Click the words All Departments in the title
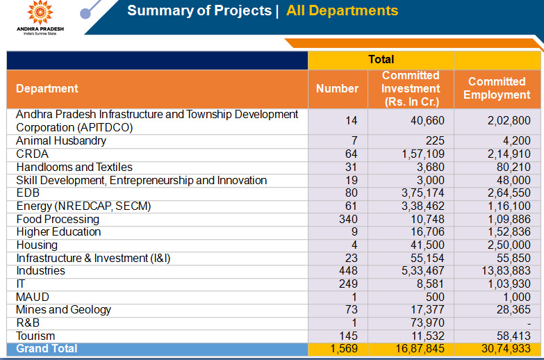click(342, 11)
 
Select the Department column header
click(47, 89)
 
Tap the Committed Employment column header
click(496, 89)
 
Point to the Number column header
click(337, 89)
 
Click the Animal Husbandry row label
click(61, 141)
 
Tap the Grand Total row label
click(47, 349)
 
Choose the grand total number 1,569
click(345, 349)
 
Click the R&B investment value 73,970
click(425, 323)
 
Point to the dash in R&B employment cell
click(528, 324)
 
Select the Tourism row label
click(35, 336)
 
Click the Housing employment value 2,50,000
click(509, 245)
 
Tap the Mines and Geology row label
click(63, 310)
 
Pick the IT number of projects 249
click(347, 284)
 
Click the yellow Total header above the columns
click(381, 60)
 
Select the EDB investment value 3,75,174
click(418, 193)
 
